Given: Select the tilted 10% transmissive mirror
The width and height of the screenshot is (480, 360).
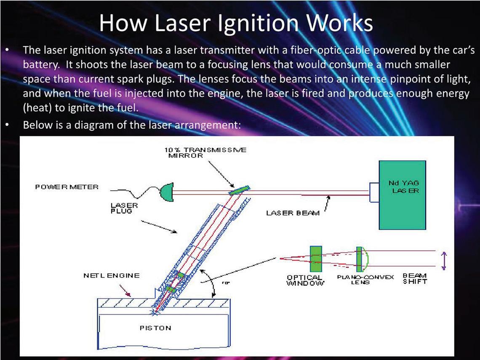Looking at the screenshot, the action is [239, 191].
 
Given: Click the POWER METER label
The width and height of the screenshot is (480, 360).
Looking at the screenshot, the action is [67, 187].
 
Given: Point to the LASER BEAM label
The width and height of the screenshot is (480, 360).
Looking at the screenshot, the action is [293, 213].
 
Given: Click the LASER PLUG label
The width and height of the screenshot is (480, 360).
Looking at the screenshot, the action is [121, 208].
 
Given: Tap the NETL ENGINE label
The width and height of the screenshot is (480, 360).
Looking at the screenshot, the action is [111, 276].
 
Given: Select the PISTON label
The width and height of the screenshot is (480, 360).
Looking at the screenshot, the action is [156, 328].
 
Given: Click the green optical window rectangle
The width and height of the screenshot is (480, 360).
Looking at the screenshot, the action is [316, 259].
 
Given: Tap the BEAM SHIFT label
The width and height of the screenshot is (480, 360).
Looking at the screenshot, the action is [415, 279].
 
